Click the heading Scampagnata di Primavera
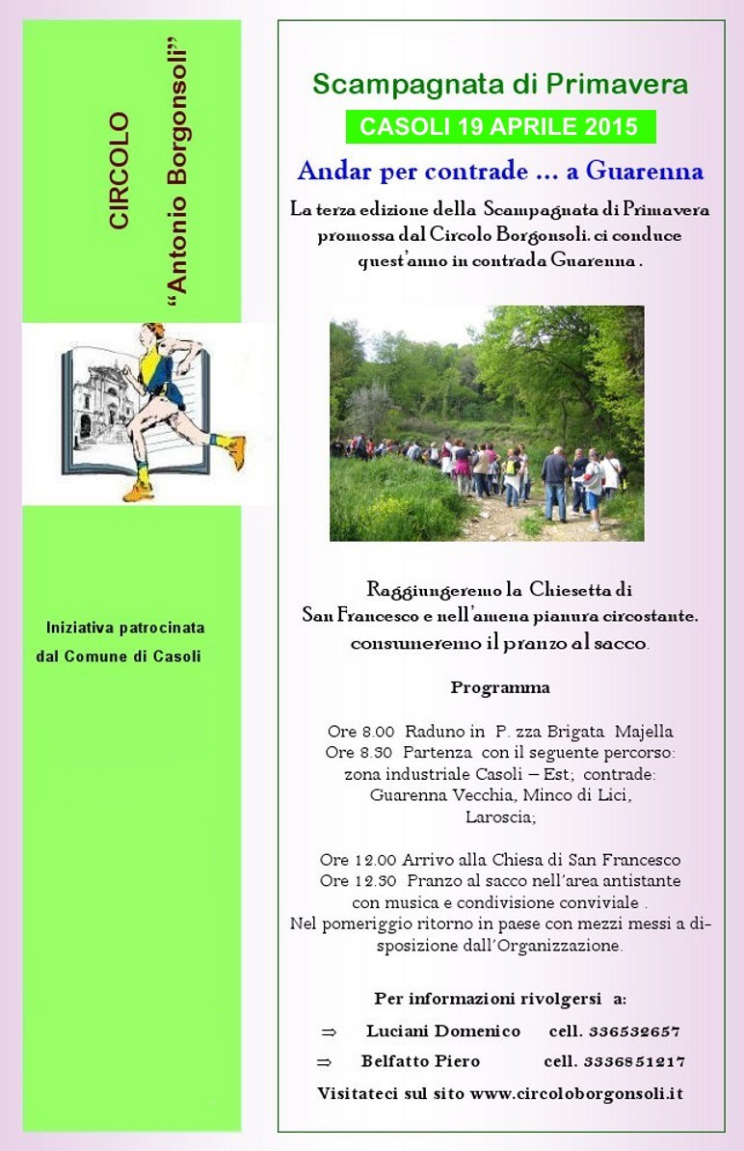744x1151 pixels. (x=500, y=85)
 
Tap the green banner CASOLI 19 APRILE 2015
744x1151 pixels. (x=500, y=126)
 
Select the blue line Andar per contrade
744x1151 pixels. (x=500, y=172)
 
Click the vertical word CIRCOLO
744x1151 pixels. (x=119, y=172)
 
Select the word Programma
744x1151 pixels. (x=500, y=688)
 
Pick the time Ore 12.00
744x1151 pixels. (x=347, y=860)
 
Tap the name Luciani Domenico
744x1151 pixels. (x=442, y=1031)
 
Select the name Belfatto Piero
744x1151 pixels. (x=420, y=1061)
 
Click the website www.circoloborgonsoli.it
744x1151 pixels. (x=577, y=1094)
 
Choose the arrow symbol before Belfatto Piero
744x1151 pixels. (x=324, y=1062)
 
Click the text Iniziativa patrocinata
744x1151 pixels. (x=125, y=628)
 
